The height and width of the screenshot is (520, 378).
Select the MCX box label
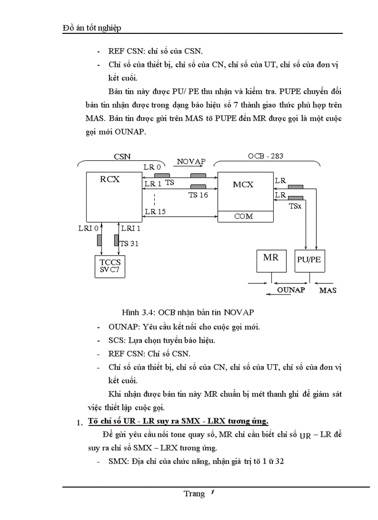click(243, 184)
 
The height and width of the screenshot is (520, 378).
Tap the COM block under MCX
click(243, 216)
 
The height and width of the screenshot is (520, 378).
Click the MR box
click(271, 257)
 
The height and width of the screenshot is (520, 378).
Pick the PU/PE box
click(309, 259)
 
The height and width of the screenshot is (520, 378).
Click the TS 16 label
click(198, 195)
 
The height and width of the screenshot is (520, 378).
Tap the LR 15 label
click(156, 212)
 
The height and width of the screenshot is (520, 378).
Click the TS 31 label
click(129, 244)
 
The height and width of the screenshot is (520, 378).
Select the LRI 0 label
click(88, 228)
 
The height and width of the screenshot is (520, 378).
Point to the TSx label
click(295, 206)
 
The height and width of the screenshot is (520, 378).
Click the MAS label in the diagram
click(328, 290)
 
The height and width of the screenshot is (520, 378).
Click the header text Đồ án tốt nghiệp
click(92, 28)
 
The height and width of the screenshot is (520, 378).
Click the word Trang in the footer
click(194, 494)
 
